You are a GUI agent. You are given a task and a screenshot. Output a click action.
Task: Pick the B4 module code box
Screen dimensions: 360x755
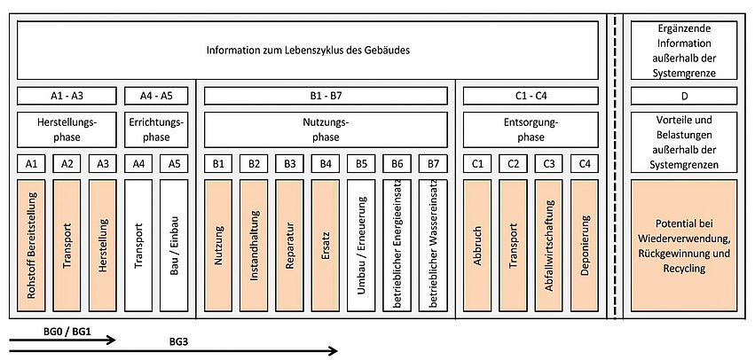326,163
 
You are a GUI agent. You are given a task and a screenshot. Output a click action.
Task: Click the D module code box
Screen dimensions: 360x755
686,96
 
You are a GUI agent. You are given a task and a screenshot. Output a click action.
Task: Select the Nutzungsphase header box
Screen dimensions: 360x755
326,129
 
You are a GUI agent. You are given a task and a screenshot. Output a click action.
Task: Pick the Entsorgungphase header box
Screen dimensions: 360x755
531,129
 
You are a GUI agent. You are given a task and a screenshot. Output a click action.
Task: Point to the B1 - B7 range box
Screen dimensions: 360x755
326,96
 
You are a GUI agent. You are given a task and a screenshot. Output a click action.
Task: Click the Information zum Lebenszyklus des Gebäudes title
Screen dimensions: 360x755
308,50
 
